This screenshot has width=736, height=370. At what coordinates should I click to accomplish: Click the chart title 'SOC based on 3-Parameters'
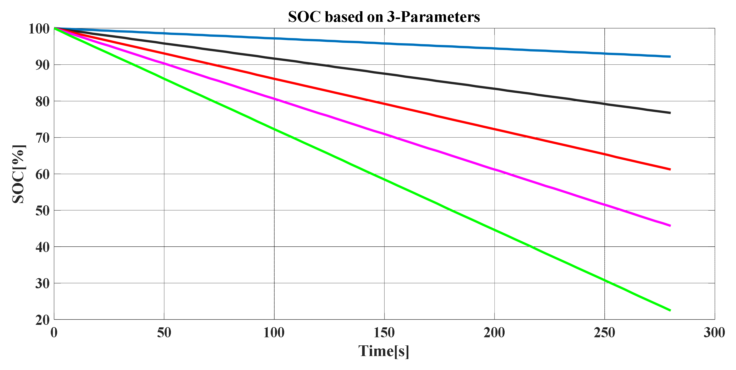coord(384,16)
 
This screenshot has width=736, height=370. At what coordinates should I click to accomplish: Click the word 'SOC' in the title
coord(304,16)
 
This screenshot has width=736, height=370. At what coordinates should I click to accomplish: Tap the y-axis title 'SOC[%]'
coord(19,174)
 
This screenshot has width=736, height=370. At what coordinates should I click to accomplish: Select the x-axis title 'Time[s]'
coord(384,351)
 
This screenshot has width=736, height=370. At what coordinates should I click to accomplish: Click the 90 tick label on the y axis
coord(42,65)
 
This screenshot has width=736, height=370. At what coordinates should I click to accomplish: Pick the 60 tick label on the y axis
coord(42,174)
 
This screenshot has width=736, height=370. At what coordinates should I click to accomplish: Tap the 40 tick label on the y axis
coord(42,247)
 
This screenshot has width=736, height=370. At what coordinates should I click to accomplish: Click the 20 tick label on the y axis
coord(42,320)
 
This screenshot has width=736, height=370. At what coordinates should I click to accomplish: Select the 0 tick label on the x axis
coord(54,333)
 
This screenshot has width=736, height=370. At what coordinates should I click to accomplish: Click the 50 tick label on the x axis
coord(164,333)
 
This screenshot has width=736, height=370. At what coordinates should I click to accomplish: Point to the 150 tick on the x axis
coord(384,333)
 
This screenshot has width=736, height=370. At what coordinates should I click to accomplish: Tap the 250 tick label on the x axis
coord(604,333)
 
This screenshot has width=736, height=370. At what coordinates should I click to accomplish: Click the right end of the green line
coord(670,310)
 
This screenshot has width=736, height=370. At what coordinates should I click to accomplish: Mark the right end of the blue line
coord(670,57)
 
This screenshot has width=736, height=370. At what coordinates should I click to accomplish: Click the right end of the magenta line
coord(670,226)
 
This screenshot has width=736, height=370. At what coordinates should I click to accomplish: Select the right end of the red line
coord(670,169)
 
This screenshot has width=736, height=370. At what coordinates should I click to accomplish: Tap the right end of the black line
coord(670,113)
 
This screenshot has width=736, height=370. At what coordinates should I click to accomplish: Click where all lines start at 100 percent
coord(54,28)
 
